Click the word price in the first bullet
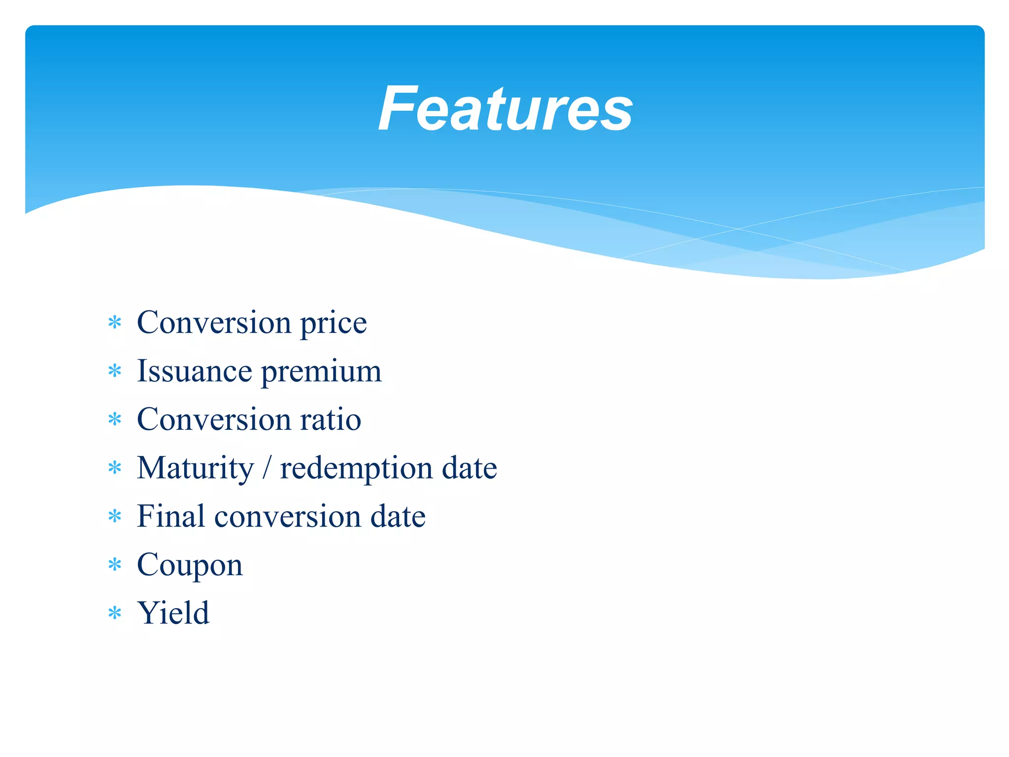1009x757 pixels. (x=334, y=323)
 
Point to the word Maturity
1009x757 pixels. (x=195, y=468)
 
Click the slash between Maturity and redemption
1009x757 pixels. (x=267, y=468)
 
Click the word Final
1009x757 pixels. (x=170, y=516)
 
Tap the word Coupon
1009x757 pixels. (x=190, y=565)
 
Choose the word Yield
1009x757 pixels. (x=173, y=613)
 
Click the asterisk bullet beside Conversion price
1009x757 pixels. (x=115, y=323)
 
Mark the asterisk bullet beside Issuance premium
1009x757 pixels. (x=115, y=371)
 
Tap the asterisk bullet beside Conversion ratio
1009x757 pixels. (x=115, y=419)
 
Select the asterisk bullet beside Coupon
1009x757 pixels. (x=115, y=565)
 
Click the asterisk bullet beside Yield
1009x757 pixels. (x=115, y=613)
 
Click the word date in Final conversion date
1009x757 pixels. (x=398, y=516)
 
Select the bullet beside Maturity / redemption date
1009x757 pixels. (x=115, y=468)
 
